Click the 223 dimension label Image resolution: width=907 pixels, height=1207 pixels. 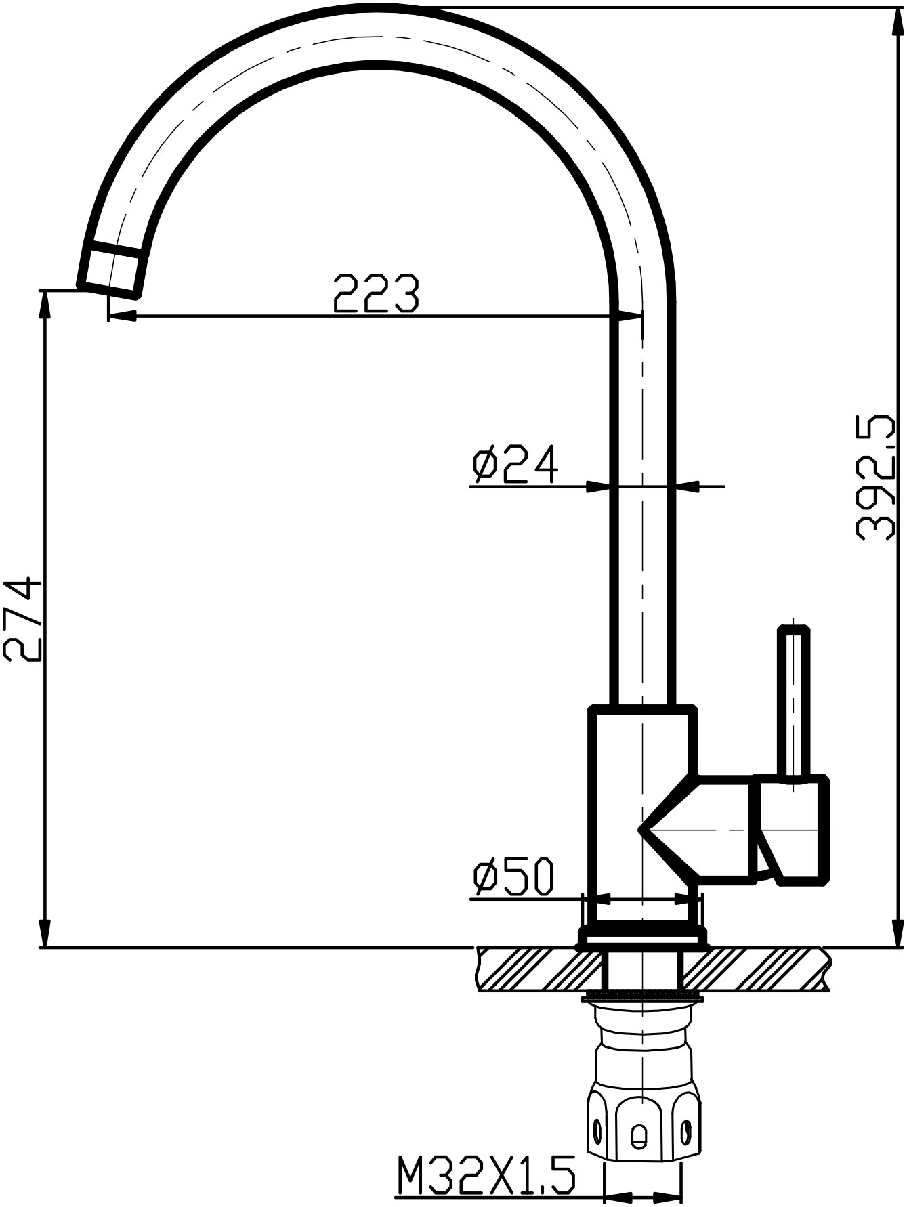(x=377, y=293)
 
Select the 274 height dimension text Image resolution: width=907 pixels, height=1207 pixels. (x=23, y=618)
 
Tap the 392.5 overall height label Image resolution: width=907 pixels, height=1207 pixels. (x=876, y=479)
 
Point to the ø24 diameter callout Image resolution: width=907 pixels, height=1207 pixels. (x=515, y=464)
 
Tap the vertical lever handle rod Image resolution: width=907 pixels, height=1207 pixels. (x=793, y=704)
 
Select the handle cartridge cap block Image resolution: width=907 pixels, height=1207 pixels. (x=793, y=829)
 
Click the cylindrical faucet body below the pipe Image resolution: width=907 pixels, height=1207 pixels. (x=640, y=813)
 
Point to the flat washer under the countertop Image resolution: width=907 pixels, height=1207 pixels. (x=641, y=995)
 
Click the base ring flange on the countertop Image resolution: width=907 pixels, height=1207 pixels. (x=641, y=939)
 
